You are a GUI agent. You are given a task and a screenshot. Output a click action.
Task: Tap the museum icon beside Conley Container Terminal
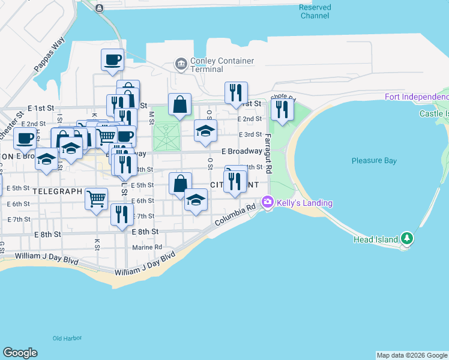click(x=179, y=63)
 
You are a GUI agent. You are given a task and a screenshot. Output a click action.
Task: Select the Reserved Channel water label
click(x=315, y=11)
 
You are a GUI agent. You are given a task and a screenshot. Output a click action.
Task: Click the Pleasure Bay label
click(x=374, y=161)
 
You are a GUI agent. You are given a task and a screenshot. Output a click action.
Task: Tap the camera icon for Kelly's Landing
click(x=267, y=203)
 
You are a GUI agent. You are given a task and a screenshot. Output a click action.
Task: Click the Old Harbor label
click(x=67, y=338)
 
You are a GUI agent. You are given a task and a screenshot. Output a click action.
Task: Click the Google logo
click(x=20, y=353)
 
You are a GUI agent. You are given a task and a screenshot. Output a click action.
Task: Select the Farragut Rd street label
click(x=268, y=153)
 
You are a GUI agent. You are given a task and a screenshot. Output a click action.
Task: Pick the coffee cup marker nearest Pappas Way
click(x=112, y=60)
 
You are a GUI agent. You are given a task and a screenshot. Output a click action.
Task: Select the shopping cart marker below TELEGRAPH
click(x=96, y=199)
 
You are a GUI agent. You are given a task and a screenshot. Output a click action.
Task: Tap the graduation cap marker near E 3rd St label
click(x=205, y=131)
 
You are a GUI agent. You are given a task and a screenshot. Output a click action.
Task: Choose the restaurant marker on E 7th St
click(x=122, y=215)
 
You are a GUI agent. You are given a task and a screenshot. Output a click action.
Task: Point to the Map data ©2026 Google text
click(x=412, y=355)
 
